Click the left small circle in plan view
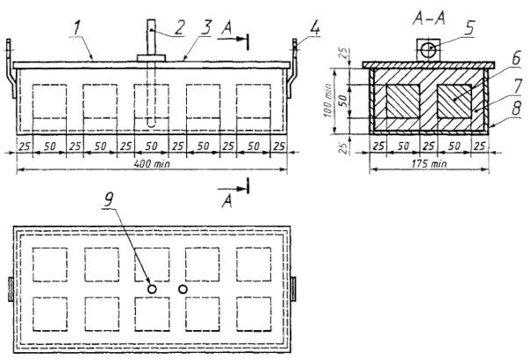[x=152, y=287]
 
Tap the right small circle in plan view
[x=183, y=287]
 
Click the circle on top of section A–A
[x=427, y=49]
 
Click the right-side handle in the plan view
[x=296, y=287]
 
